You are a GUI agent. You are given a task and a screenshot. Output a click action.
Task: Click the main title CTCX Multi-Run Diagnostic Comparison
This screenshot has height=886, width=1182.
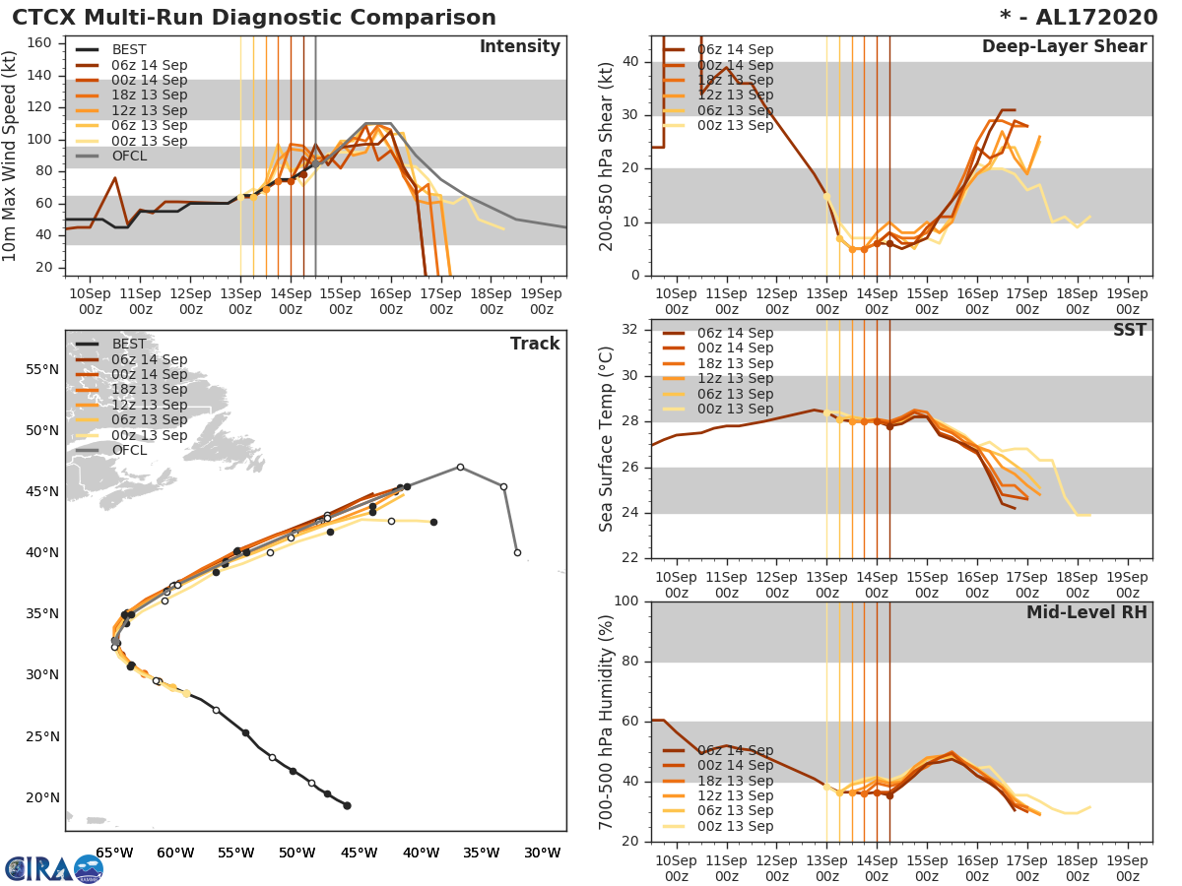click(x=254, y=18)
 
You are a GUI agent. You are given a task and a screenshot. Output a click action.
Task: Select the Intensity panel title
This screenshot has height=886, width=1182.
click(x=519, y=47)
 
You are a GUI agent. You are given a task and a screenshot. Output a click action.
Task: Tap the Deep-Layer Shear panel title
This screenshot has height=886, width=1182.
click(x=1064, y=47)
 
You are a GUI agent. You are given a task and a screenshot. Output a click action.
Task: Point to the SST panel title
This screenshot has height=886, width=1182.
click(x=1130, y=330)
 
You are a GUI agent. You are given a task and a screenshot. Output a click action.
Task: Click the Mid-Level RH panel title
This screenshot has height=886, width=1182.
click(x=1086, y=612)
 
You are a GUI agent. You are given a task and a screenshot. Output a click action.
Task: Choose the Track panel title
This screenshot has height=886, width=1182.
click(x=535, y=344)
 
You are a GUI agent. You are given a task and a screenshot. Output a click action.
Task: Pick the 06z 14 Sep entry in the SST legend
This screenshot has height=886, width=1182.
click(x=735, y=333)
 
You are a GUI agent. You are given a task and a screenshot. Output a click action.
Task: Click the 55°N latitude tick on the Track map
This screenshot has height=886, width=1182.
click(x=42, y=369)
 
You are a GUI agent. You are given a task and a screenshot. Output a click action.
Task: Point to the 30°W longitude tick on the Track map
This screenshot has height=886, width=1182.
click(x=542, y=852)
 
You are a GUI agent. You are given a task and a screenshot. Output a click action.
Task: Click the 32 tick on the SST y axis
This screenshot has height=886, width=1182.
click(x=630, y=330)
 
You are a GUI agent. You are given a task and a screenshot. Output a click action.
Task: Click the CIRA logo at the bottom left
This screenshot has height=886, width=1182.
click(x=54, y=868)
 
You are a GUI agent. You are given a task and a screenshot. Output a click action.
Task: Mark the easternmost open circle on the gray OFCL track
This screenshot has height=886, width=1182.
click(x=517, y=552)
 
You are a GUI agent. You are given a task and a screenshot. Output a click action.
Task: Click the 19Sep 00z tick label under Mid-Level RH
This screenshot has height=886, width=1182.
click(x=1128, y=861)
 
